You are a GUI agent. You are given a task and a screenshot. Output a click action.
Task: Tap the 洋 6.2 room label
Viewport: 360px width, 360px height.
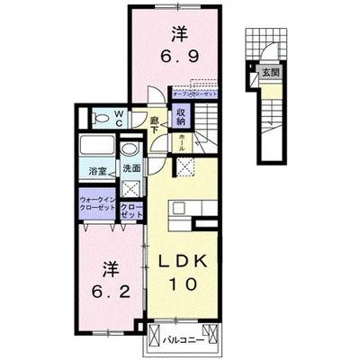(x=108, y=278)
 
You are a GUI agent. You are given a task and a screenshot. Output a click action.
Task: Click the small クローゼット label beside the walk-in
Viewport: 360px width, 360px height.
(x=133, y=212)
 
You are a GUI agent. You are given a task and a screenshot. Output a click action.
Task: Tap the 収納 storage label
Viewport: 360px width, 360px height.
(x=181, y=117)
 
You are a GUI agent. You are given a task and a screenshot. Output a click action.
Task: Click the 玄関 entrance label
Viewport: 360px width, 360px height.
(x=269, y=73)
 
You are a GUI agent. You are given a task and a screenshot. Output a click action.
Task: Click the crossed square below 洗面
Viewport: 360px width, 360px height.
(x=131, y=188)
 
